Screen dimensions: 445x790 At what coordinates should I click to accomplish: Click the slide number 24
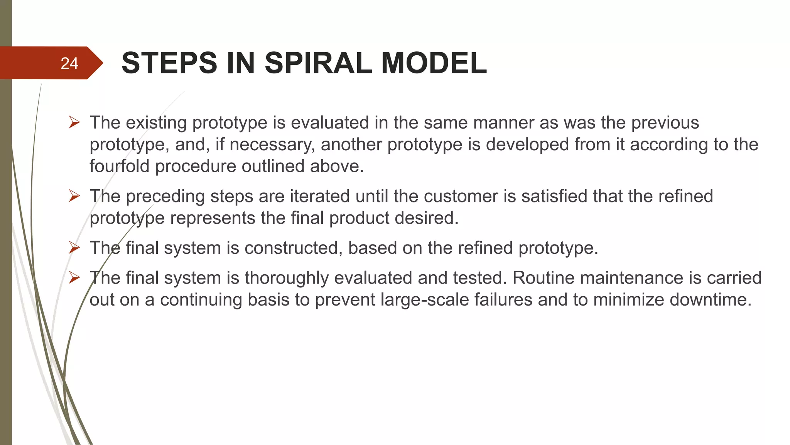tap(69, 63)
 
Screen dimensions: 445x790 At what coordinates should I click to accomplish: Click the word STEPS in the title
tap(169, 63)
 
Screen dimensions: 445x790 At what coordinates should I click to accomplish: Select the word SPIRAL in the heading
tap(318, 63)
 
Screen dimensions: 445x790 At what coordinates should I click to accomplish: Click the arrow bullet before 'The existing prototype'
tap(74, 123)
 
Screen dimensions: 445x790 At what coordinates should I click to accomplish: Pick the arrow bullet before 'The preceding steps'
tap(74, 196)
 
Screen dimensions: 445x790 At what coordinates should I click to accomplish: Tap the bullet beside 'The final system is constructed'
tap(74, 248)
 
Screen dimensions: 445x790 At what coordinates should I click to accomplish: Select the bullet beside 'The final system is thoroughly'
tap(74, 278)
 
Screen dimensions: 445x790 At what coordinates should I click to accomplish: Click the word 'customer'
tap(461, 196)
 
